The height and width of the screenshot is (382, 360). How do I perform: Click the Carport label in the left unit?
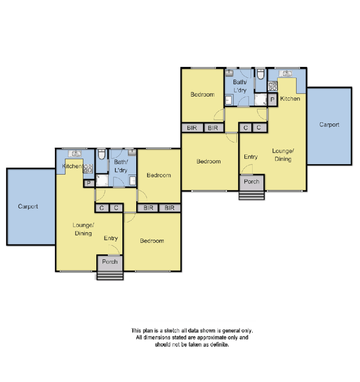[x=28, y=206]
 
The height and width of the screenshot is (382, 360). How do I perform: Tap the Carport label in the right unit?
[x=329, y=125]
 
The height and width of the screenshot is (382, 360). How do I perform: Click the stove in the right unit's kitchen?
[x=272, y=86]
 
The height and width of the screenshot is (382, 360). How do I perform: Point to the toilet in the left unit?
[x=102, y=154]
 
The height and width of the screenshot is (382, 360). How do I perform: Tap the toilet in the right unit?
[x=260, y=74]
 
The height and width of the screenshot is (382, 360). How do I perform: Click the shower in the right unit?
[x=261, y=100]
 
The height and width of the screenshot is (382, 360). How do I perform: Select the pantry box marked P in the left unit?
[x=88, y=183]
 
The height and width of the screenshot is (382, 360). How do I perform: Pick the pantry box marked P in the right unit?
[x=272, y=100]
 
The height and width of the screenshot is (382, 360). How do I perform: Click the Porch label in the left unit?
[x=110, y=262]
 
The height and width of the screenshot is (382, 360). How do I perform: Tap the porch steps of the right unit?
[x=251, y=196]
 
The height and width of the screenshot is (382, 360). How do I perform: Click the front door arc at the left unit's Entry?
[x=114, y=249]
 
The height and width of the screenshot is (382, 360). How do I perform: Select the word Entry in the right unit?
[x=251, y=157]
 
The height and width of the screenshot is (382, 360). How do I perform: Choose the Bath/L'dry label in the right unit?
[x=240, y=86]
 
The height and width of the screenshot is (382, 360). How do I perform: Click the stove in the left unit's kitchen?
[x=88, y=168]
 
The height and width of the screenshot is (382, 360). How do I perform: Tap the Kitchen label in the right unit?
[x=290, y=99]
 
